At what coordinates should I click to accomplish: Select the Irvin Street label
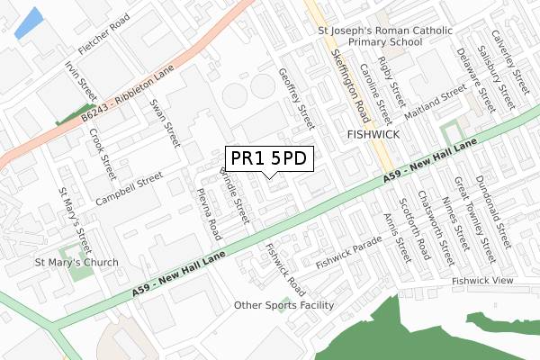coord(80,80)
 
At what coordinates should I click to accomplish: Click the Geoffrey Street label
coord(296,98)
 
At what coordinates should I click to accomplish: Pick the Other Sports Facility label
coord(283,305)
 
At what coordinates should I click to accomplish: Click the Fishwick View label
coord(482,281)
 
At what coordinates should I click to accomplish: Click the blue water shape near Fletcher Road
coord(29,22)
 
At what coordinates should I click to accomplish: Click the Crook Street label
coord(102,154)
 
